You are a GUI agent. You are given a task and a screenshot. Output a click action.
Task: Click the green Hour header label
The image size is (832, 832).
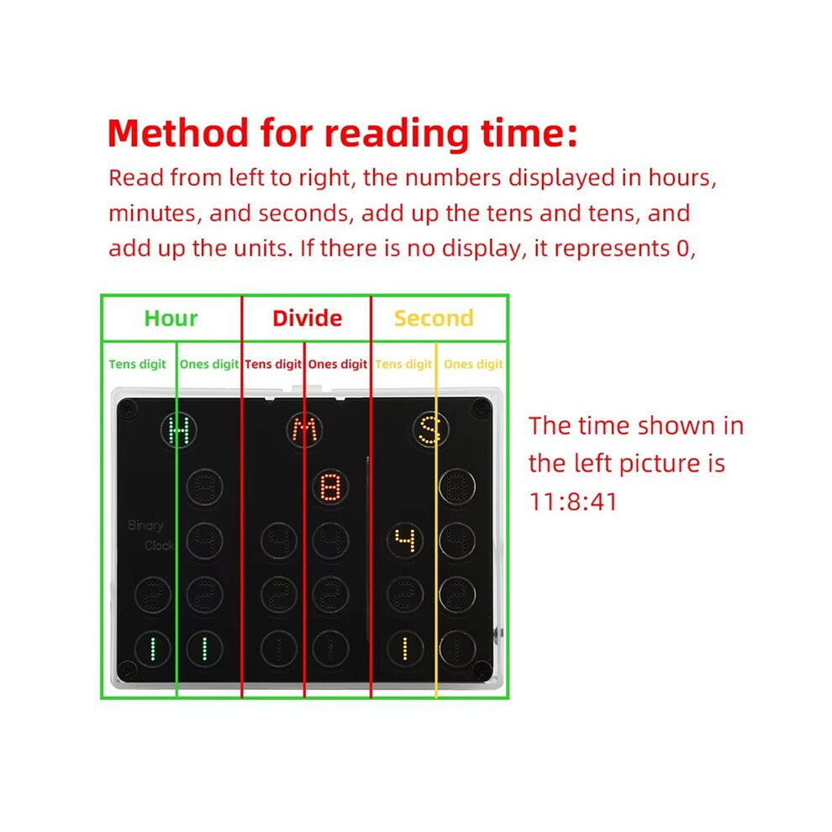coord(171,319)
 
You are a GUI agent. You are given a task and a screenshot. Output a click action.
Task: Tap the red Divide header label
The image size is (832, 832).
coord(308,319)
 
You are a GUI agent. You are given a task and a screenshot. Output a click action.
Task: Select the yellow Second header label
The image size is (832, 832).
coord(434,319)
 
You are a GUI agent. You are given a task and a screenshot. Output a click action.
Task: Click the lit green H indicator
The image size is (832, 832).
coord(179,429)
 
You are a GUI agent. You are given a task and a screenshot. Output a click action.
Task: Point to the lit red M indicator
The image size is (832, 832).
coord(304,429)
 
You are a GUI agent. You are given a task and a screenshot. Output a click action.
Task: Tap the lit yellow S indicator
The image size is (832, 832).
coord(430,429)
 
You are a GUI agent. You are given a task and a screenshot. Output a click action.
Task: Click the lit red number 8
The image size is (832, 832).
coord(330,487)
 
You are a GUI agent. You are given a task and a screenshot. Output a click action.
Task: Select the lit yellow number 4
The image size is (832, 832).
coord(405,540)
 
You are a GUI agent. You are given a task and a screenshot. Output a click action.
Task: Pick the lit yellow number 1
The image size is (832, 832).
coord(405,649)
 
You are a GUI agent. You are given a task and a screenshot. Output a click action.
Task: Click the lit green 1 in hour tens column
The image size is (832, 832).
coord(153,649)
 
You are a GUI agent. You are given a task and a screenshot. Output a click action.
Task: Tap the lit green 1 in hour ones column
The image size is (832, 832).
coord(205,649)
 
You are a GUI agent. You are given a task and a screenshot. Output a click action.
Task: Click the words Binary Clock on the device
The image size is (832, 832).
coord(151,535)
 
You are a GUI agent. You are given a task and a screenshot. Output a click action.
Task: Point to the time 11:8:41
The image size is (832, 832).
coord(573,502)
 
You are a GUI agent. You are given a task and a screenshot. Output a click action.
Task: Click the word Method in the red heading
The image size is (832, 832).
coord(178,133)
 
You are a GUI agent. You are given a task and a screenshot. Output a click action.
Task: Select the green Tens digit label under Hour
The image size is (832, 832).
coord(138,365)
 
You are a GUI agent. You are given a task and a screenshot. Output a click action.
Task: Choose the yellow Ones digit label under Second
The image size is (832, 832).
coord(473,365)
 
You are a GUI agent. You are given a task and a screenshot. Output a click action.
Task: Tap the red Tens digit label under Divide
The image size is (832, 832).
coord(273,365)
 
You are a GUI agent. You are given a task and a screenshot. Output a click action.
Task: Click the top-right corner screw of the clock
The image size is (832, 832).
coord(481,408)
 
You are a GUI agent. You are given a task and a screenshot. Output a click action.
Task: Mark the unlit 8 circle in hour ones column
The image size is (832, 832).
coord(205,487)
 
